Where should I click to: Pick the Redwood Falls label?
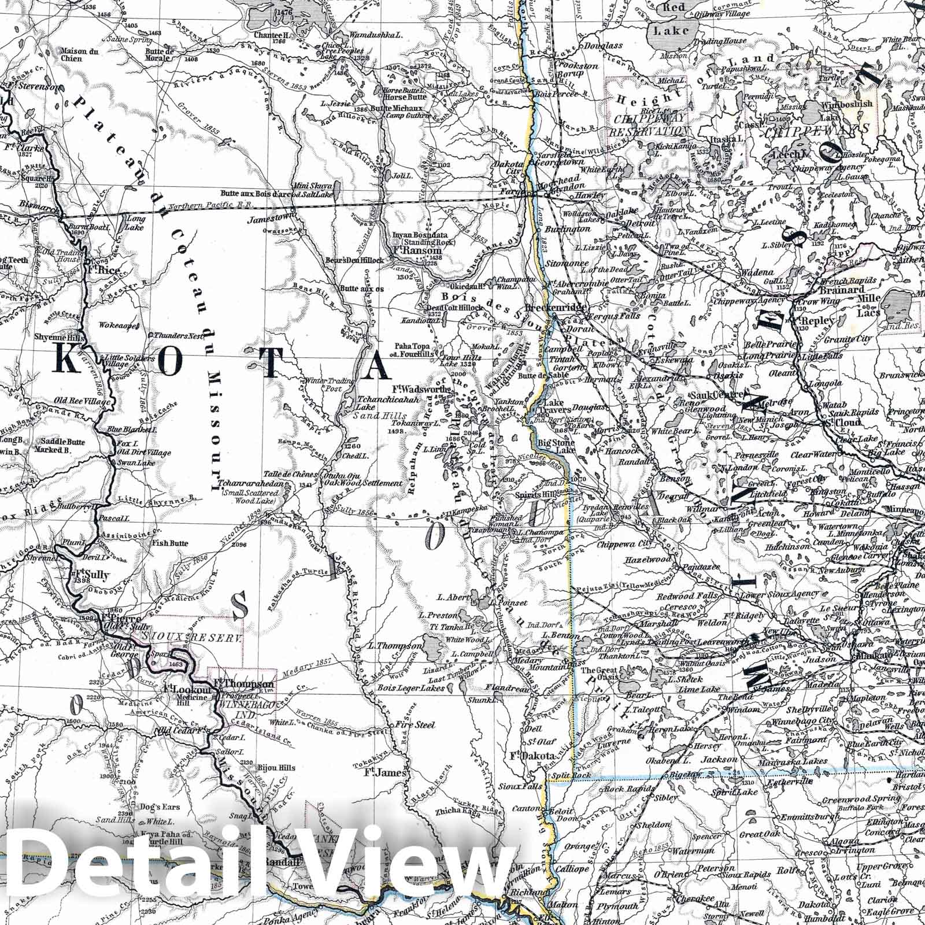[693, 595]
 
